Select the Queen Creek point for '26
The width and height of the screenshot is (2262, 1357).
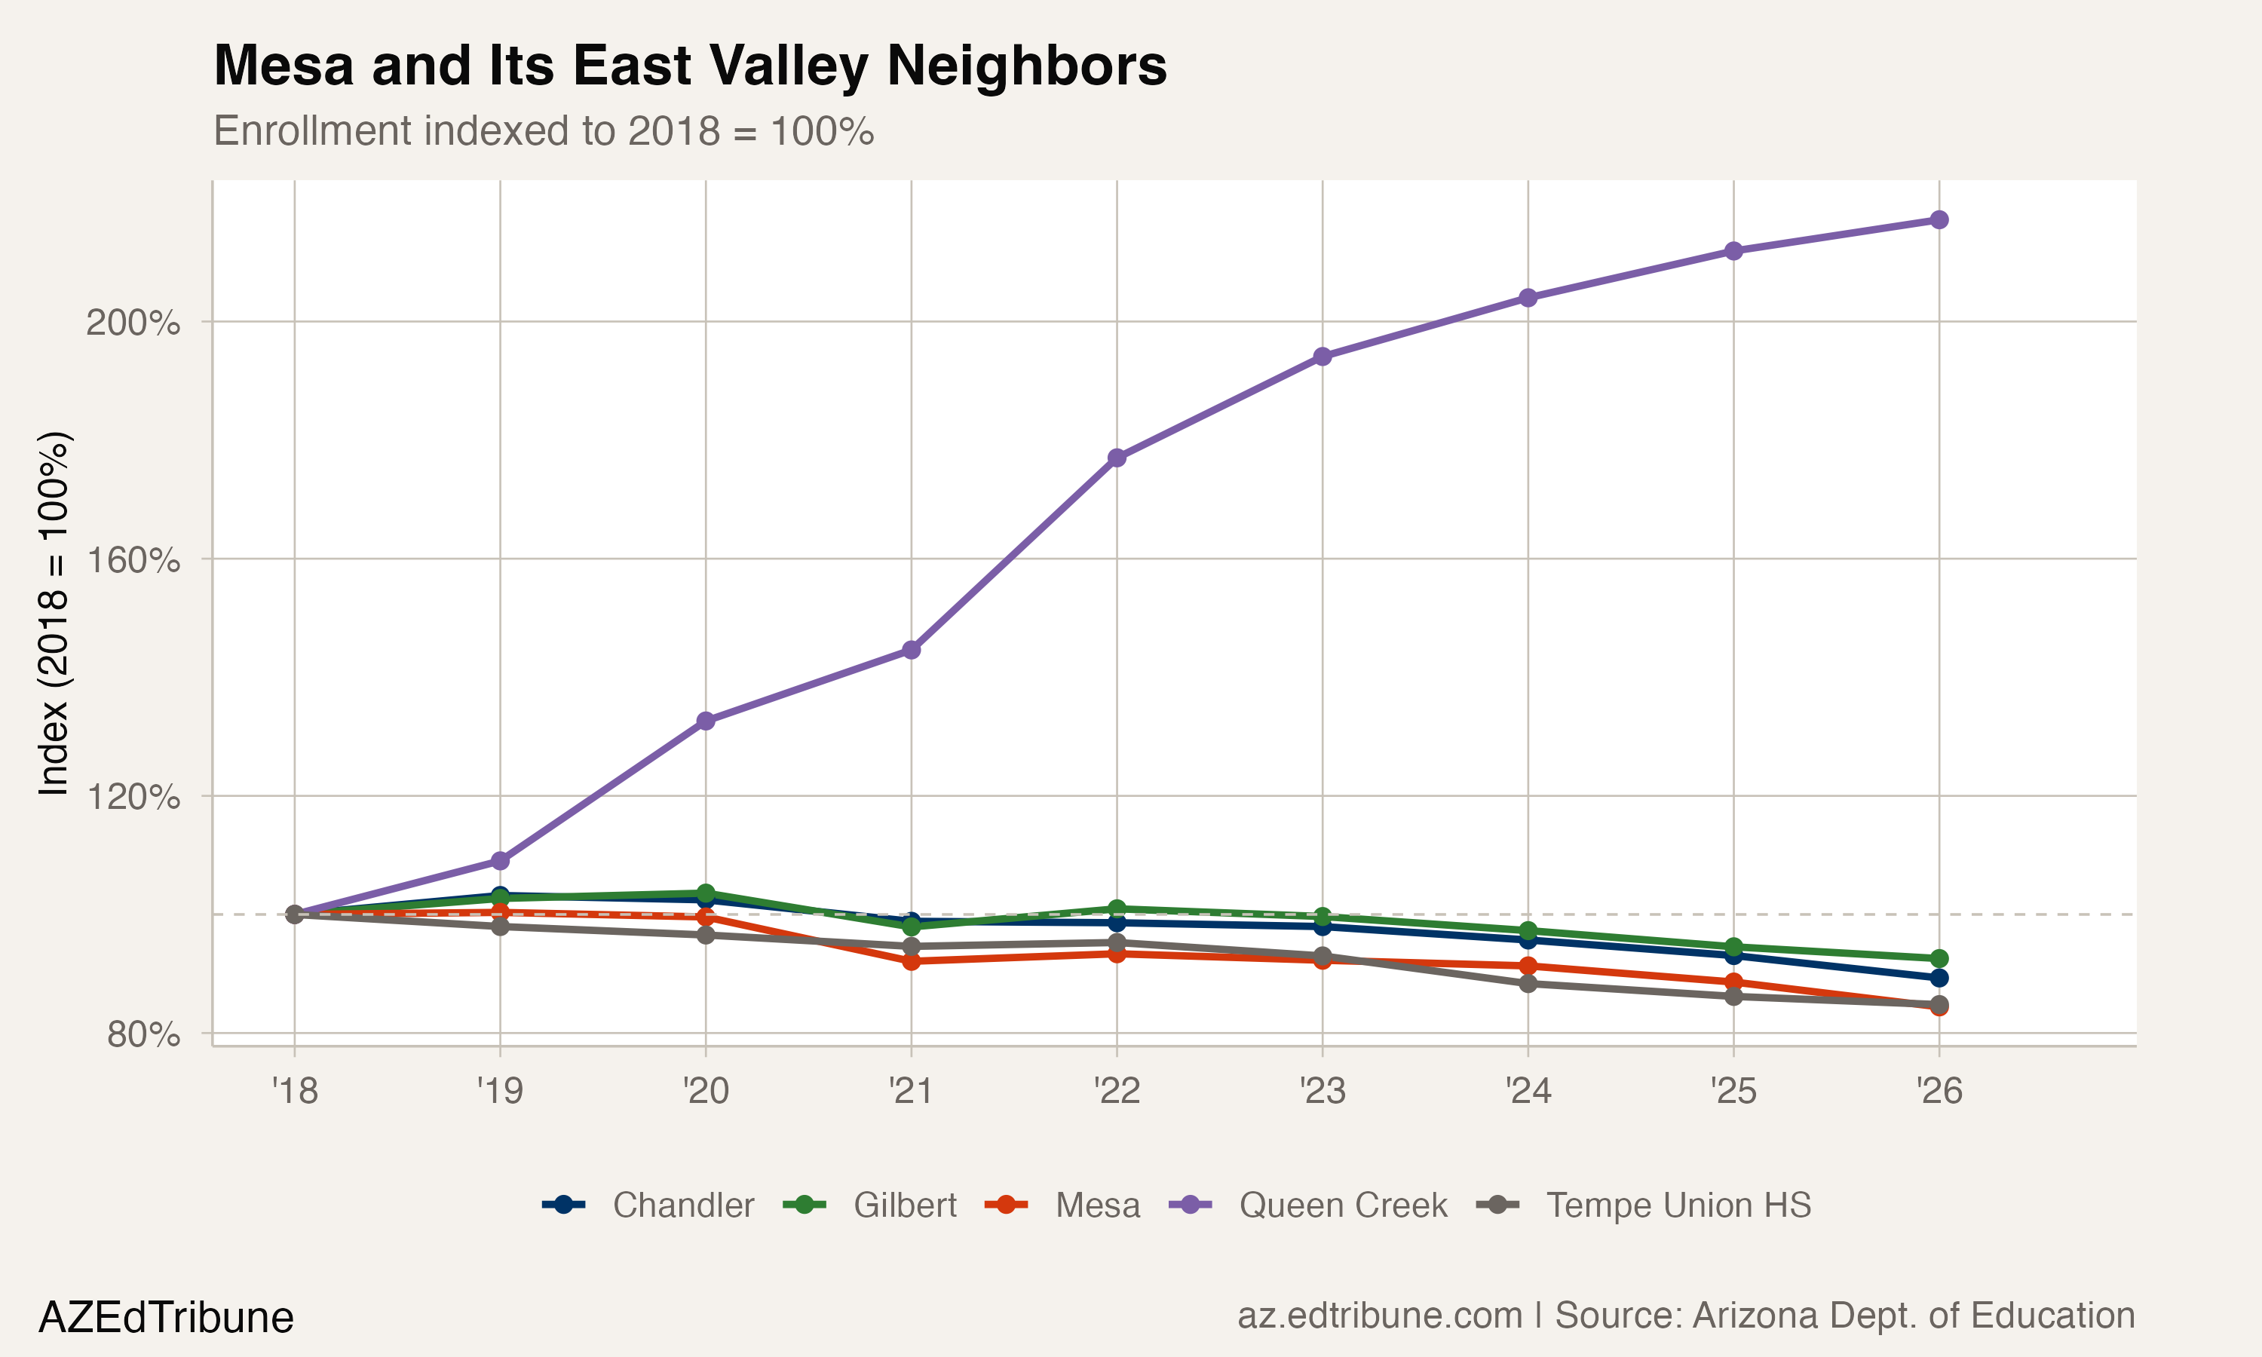tap(1939, 219)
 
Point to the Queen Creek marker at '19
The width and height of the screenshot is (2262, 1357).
tap(500, 860)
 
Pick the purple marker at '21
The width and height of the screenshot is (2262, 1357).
tap(911, 650)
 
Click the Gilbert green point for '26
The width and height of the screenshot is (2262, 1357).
tap(1939, 958)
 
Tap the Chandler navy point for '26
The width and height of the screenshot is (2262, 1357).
tap(1939, 978)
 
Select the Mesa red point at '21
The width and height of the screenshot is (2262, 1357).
tap(911, 961)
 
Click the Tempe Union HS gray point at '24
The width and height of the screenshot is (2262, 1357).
tap(1528, 984)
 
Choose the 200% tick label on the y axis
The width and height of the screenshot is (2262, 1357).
tap(133, 322)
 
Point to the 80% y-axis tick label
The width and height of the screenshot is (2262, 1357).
tap(143, 1034)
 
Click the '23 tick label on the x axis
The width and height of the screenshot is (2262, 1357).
tap(1322, 1090)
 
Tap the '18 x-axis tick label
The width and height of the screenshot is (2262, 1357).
tap(294, 1090)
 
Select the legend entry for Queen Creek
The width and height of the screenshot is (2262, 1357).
tap(1342, 1205)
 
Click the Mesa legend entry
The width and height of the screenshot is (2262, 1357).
tap(1096, 1205)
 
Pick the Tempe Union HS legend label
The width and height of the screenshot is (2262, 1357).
tap(1678, 1205)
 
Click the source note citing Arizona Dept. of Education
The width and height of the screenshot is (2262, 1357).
tap(1685, 1315)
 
